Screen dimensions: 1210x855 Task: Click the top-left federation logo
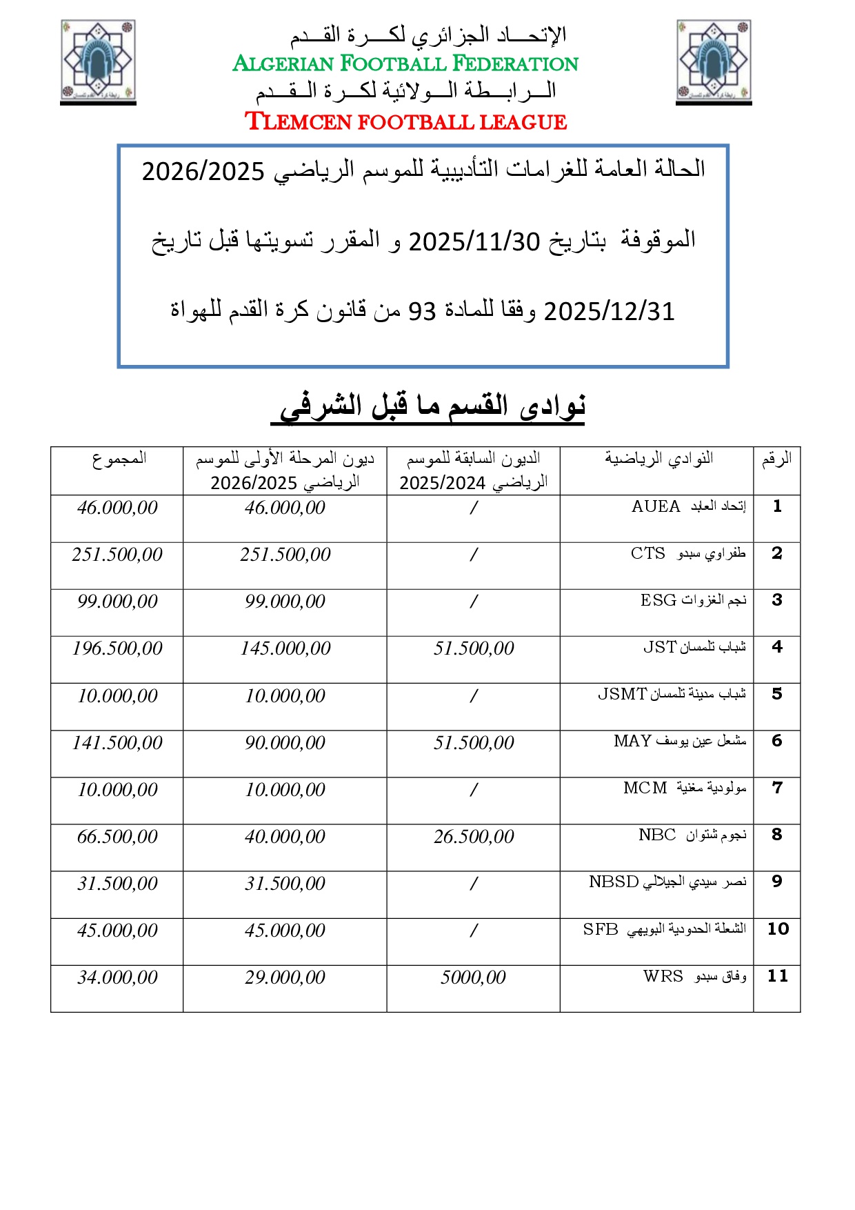pyautogui.click(x=98, y=61)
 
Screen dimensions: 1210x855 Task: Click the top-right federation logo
pyautogui.click(x=714, y=61)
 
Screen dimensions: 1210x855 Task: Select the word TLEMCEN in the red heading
pyautogui.click(x=299, y=122)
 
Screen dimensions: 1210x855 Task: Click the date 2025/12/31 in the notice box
pyautogui.click(x=609, y=312)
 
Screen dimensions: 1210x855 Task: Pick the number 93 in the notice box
pyautogui.click(x=422, y=312)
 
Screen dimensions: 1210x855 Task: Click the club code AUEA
pyautogui.click(x=655, y=507)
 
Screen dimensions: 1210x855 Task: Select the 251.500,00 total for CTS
pyautogui.click(x=117, y=555)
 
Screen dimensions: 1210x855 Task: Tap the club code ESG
pyautogui.click(x=658, y=601)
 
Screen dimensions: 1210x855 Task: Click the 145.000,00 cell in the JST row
pyautogui.click(x=285, y=648)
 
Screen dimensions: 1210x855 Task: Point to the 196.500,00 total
pyautogui.click(x=117, y=648)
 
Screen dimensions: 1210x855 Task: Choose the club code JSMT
pyautogui.click(x=622, y=695)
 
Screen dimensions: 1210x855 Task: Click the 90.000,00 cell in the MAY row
pyautogui.click(x=285, y=743)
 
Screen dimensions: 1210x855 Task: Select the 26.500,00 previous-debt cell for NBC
pyautogui.click(x=474, y=837)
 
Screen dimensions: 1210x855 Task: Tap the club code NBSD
pyautogui.click(x=613, y=882)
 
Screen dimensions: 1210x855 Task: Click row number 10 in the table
pyautogui.click(x=778, y=929)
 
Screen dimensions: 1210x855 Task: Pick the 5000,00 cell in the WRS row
pyautogui.click(x=473, y=978)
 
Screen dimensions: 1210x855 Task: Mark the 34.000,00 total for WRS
pyautogui.click(x=117, y=978)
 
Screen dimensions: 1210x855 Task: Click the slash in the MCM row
pyautogui.click(x=474, y=790)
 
